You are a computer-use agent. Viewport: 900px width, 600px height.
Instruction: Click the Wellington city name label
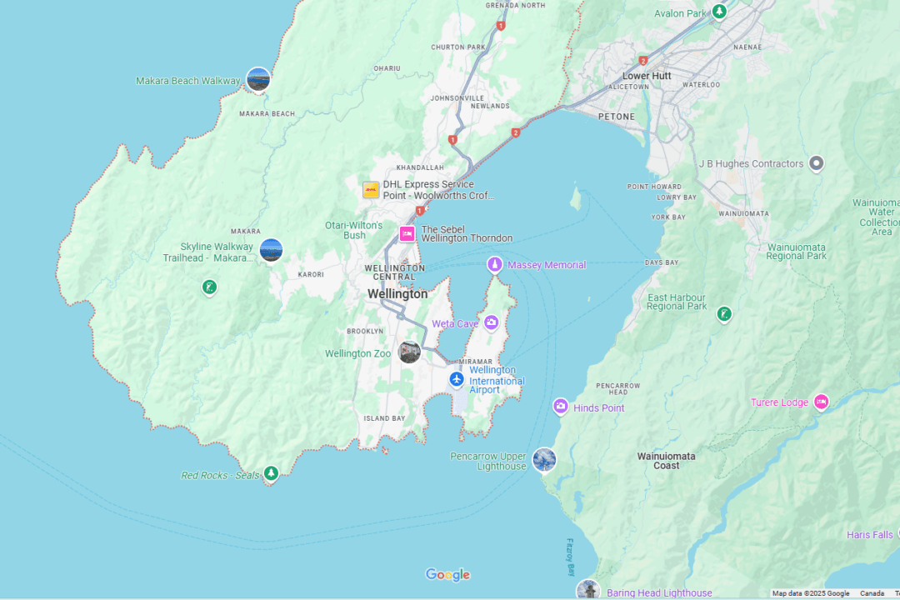tap(397, 294)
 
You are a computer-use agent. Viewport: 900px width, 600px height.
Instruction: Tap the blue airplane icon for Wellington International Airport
tap(456, 379)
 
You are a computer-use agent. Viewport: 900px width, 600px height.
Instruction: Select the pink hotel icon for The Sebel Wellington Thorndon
tap(407, 234)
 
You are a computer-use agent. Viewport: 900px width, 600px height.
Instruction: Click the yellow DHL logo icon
tap(371, 190)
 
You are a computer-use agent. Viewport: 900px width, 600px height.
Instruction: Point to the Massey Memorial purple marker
tap(495, 265)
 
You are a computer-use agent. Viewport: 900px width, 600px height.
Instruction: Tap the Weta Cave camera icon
tap(491, 322)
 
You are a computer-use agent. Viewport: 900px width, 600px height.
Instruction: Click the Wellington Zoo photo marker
tap(409, 352)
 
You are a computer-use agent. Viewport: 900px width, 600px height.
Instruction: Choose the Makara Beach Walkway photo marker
tap(258, 79)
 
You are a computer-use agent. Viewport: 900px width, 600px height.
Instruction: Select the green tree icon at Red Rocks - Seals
tap(270, 474)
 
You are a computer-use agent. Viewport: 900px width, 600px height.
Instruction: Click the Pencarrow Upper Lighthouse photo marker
tap(544, 459)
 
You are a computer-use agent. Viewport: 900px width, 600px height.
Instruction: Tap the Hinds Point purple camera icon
tap(561, 407)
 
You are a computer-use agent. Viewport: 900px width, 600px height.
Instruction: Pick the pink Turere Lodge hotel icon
tap(821, 402)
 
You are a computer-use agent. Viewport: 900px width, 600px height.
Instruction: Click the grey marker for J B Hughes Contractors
tap(817, 163)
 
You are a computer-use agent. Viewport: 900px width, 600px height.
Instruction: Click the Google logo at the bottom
tap(447, 574)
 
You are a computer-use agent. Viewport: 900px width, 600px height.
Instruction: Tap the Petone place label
tap(616, 117)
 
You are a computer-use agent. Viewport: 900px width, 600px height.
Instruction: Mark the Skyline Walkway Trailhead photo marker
tap(271, 250)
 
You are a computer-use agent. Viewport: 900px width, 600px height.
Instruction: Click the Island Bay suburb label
tap(384, 418)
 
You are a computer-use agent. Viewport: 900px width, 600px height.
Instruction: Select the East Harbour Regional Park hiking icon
tap(724, 314)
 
